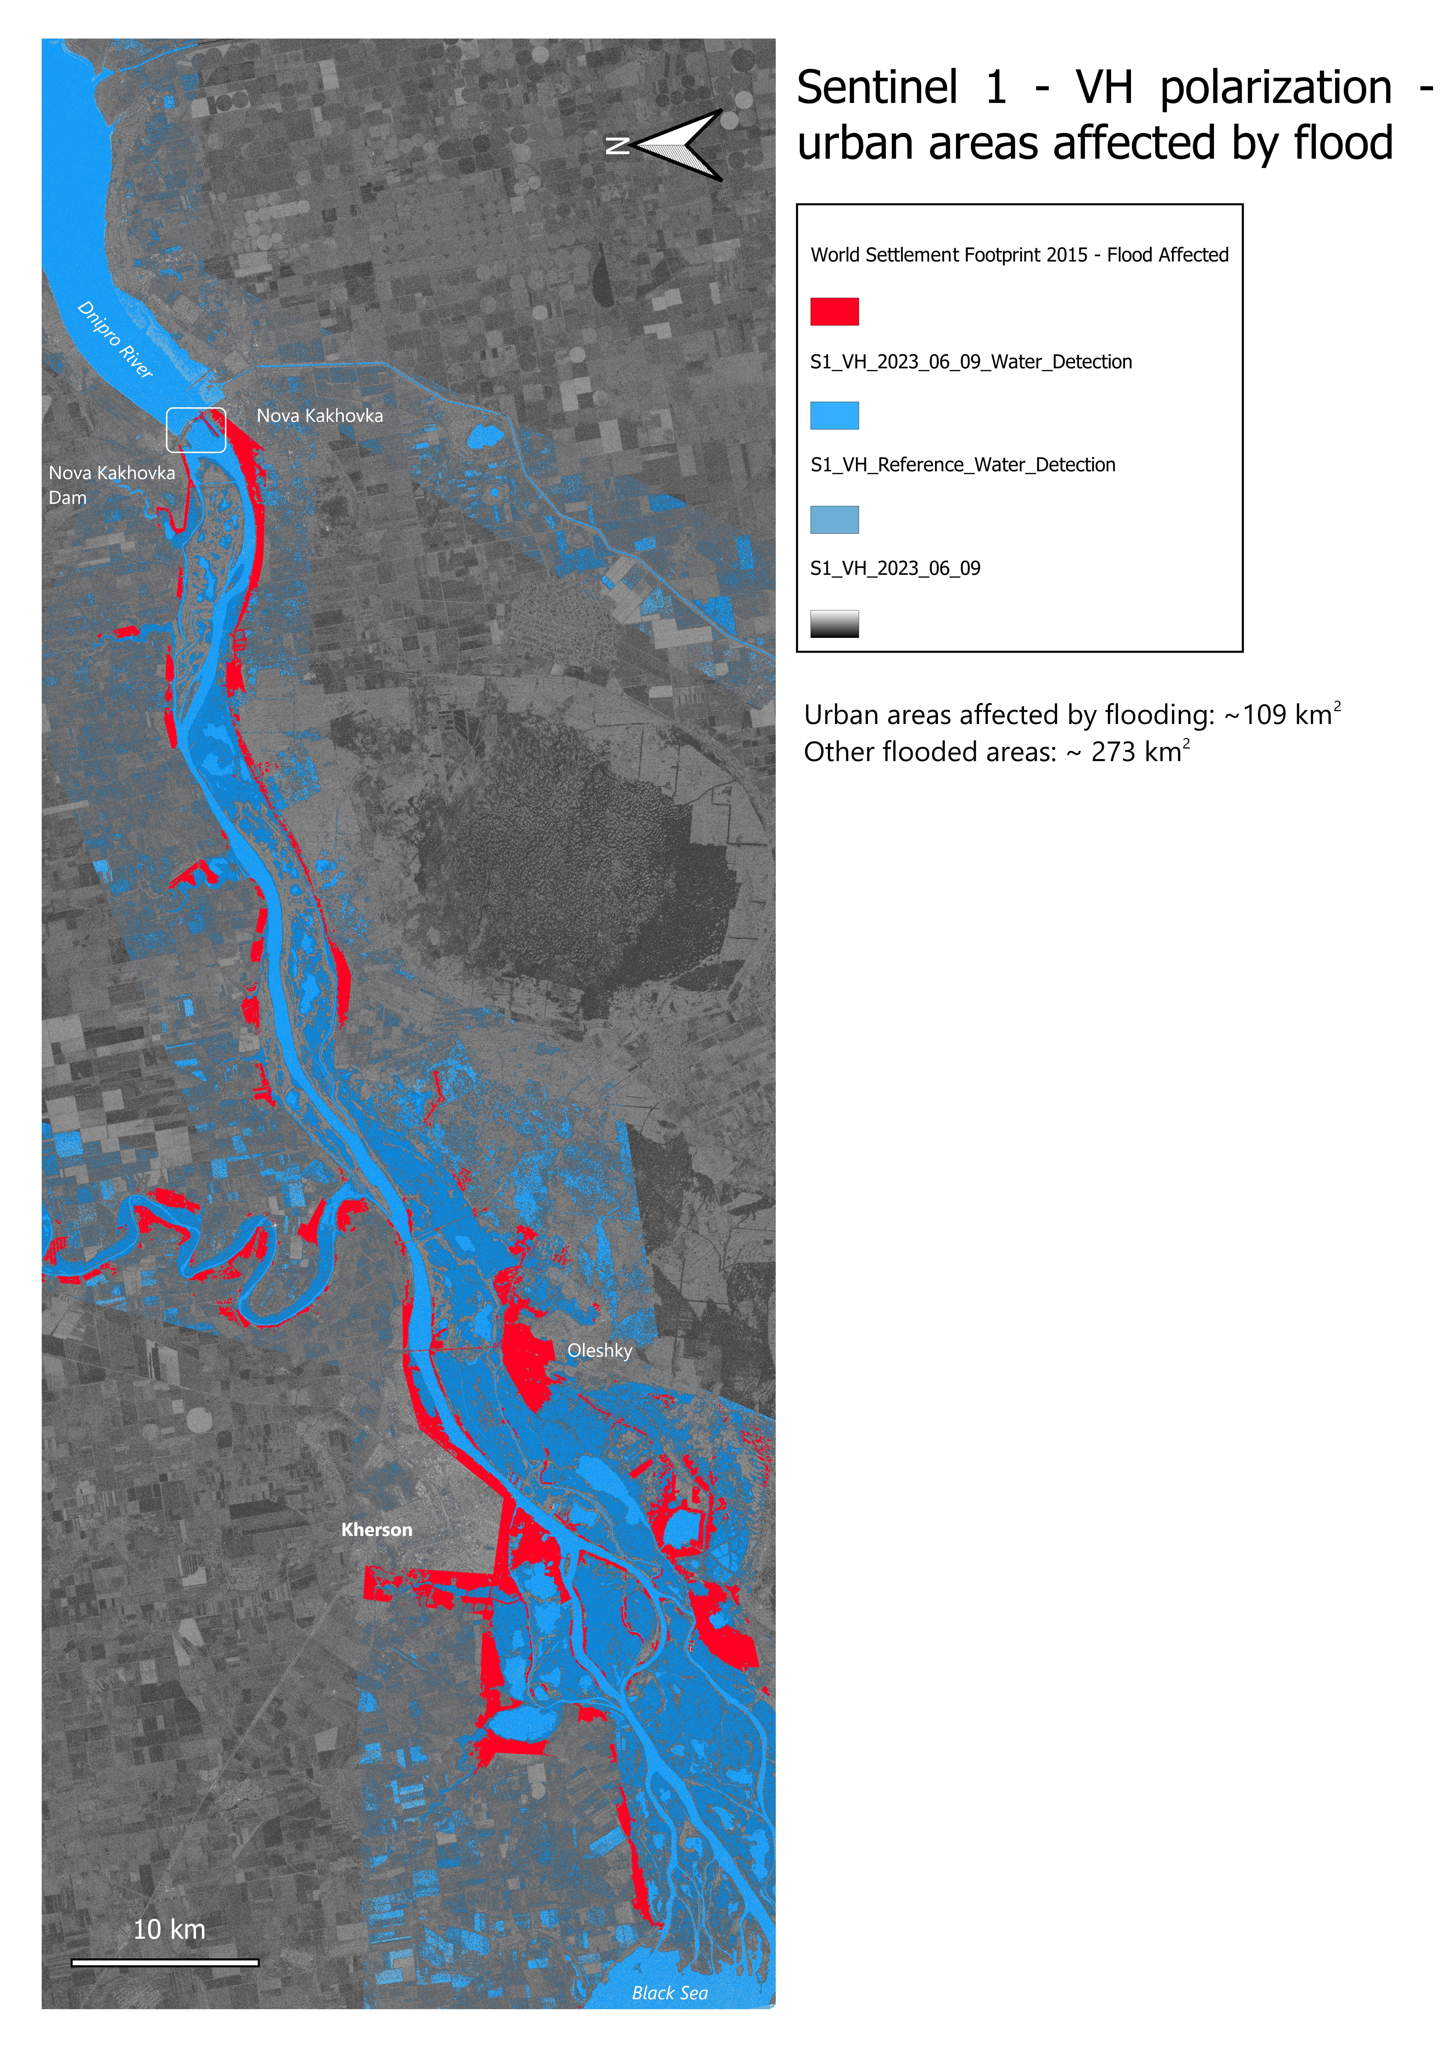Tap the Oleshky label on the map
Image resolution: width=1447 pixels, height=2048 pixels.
pyautogui.click(x=599, y=1351)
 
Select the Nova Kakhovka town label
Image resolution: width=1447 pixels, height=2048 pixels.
pyautogui.click(x=319, y=416)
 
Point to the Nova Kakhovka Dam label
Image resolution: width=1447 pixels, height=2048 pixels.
pyautogui.click(x=111, y=484)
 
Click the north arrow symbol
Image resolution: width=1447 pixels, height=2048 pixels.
pyautogui.click(x=678, y=145)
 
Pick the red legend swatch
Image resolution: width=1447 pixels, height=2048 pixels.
pyautogui.click(x=833, y=311)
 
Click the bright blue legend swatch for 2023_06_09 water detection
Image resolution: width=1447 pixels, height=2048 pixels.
pyautogui.click(x=833, y=416)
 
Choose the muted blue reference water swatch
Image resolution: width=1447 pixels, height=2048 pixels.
pyautogui.click(x=833, y=519)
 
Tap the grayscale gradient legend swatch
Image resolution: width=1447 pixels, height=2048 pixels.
pyautogui.click(x=833, y=624)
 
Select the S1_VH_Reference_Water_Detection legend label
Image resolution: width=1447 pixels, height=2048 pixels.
pyautogui.click(x=962, y=465)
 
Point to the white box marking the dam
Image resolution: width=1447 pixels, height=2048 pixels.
pyautogui.click(x=196, y=430)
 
